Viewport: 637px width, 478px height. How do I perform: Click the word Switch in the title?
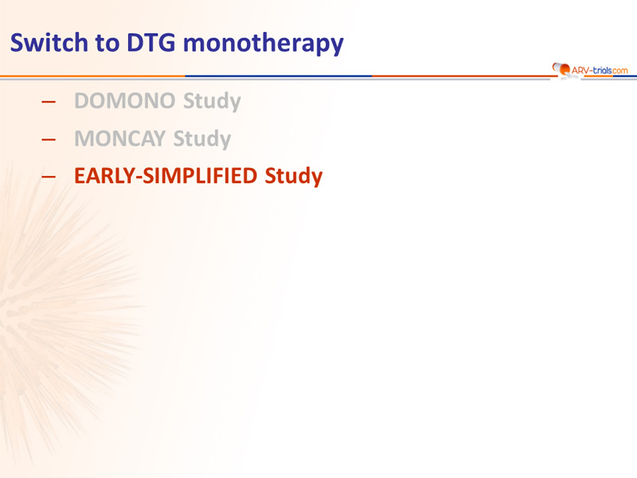49,42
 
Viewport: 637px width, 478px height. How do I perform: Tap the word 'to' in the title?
107,43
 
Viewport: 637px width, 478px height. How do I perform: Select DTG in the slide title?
151,42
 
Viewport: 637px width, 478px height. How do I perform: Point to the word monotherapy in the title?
264,44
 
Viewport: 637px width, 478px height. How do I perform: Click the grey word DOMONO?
125,101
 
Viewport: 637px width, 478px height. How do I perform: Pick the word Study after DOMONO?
212,101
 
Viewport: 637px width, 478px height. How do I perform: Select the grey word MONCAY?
120,139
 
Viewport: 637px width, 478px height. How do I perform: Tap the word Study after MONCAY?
202,139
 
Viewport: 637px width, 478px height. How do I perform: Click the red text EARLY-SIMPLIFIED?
166,175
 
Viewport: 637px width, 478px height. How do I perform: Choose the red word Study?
294,176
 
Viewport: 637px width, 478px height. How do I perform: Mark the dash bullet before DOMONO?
49,102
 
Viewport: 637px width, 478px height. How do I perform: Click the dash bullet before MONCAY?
49,139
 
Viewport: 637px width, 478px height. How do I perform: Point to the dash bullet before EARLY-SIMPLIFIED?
49,176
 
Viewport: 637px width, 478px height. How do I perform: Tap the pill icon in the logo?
561,69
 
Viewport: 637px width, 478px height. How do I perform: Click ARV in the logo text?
580,70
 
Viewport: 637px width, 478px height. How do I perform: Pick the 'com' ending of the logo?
620,71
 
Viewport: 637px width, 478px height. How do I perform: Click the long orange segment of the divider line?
92,76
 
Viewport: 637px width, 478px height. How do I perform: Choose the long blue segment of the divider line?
279,76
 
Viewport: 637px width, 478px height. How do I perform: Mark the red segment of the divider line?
463,76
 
